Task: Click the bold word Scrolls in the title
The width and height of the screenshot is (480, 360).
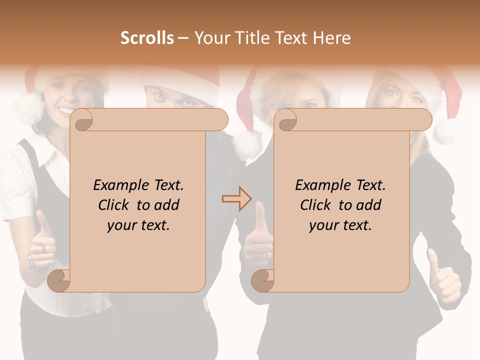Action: (147, 38)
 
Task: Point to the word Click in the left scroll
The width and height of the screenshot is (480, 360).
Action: (115, 205)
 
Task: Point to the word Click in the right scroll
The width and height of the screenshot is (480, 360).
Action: (317, 205)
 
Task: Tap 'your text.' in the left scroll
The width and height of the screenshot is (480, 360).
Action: (138, 225)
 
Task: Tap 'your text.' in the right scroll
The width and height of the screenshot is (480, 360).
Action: (340, 225)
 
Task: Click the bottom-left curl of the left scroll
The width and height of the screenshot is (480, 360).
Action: (59, 280)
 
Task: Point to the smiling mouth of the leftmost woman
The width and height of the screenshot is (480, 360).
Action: (66, 109)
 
